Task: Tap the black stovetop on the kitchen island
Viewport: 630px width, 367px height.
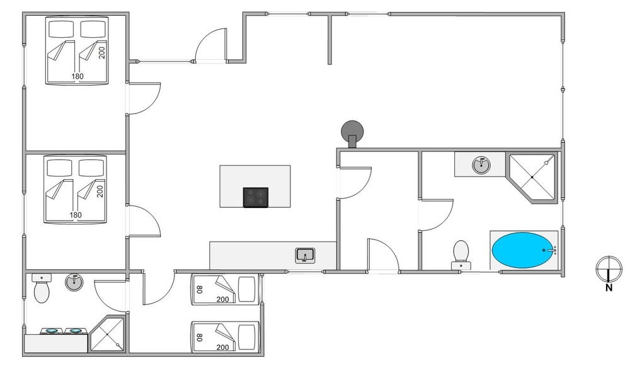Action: coord(256,197)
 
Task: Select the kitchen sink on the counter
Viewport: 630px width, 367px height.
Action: coord(306,255)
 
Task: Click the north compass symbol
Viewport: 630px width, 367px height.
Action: coord(609,267)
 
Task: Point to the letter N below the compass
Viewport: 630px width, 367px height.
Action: coord(609,289)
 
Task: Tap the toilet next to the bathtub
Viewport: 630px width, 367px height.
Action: coord(461,252)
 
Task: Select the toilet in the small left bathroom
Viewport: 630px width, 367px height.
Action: coord(42,289)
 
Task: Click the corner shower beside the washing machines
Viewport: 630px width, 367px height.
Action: coord(108,334)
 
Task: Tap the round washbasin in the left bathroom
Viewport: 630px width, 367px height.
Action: coord(74,283)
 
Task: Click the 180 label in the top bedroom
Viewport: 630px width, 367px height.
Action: coord(77,76)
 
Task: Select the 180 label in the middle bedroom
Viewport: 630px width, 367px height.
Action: coord(76,215)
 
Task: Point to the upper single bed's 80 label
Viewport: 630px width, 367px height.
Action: coord(200,290)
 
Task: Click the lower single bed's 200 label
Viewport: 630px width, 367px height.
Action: coord(222,347)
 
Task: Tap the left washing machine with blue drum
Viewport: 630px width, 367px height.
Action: coord(50,331)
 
